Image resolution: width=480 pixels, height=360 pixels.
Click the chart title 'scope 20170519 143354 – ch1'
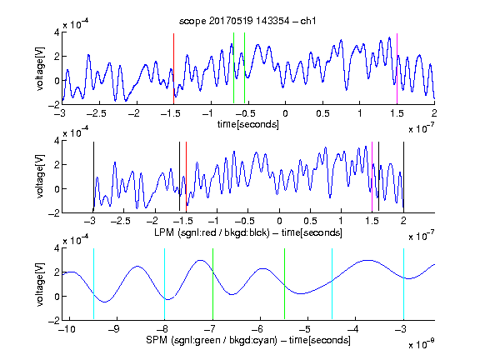247,21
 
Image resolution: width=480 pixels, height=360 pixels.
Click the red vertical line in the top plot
173,69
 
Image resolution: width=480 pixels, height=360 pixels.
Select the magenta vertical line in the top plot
397,69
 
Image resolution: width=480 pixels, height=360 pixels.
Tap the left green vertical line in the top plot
233,68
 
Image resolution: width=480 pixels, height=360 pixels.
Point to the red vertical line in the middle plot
186,177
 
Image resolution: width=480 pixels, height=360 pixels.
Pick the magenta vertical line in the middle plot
372,177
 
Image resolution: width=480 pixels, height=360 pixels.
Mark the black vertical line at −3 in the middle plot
93,177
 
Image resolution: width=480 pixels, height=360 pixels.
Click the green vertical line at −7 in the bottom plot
212,284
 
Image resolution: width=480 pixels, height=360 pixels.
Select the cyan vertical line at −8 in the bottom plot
164,284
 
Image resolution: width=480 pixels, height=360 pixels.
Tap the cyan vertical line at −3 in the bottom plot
403,284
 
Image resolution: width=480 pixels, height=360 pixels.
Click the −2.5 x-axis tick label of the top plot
97,113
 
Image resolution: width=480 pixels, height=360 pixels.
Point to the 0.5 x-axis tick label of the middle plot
310,221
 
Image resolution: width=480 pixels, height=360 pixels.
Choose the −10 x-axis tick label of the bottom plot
68,329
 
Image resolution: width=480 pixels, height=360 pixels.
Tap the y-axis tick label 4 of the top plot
57,32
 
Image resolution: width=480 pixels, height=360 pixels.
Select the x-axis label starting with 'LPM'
248,232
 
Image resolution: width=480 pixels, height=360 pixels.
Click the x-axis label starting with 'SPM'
248,340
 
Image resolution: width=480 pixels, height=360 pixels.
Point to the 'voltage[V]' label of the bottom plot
40,284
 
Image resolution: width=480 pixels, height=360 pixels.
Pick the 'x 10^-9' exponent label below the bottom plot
422,344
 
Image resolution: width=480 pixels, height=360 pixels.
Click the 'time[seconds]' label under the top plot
248,124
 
